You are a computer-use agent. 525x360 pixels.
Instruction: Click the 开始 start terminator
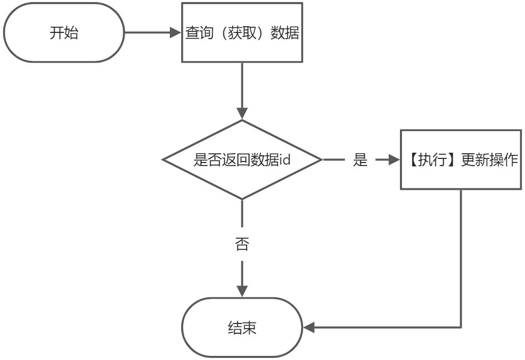click(64, 33)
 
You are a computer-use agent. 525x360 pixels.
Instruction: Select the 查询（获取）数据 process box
click(242, 33)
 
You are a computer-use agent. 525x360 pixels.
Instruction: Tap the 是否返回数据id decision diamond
click(242, 160)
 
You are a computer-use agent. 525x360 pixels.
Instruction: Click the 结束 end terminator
click(242, 328)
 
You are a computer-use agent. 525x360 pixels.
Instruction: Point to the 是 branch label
click(360, 160)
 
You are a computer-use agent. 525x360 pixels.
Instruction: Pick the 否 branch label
click(242, 244)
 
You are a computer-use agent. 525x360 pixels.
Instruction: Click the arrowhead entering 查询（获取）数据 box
click(176, 33)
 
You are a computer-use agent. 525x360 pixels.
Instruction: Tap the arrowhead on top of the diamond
click(242, 114)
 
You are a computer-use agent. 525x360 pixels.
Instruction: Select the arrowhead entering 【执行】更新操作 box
click(395, 160)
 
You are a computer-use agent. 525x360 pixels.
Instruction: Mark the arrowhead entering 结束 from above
click(242, 291)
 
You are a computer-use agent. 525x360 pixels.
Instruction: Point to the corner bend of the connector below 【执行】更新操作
click(461, 327)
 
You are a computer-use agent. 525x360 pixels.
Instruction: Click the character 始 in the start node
click(71, 33)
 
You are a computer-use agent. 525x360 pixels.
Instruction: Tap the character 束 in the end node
click(249, 328)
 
